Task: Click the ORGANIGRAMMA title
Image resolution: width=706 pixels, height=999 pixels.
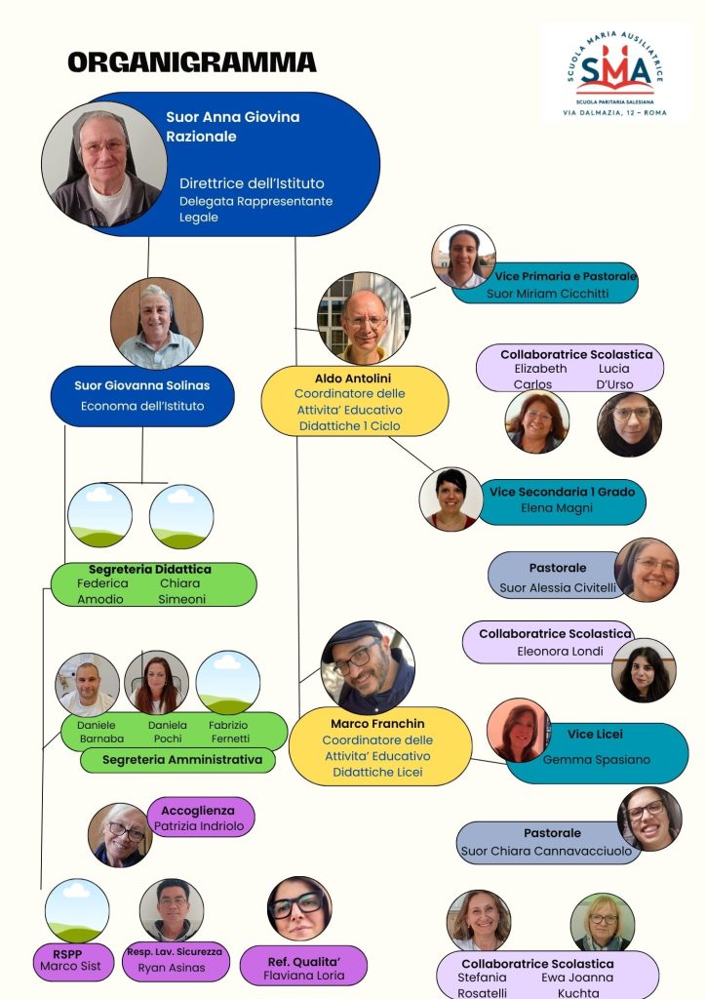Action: tap(192, 63)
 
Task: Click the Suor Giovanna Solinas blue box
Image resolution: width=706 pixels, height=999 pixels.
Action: tap(142, 395)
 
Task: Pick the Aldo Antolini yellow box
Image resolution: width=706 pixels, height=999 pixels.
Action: tap(354, 401)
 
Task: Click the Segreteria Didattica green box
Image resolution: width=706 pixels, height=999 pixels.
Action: tap(153, 583)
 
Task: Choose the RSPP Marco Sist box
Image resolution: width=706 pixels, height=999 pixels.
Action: tap(70, 961)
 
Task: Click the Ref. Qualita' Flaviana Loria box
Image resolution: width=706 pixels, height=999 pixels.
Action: tap(303, 967)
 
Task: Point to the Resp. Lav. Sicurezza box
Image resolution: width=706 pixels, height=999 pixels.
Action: tap(175, 960)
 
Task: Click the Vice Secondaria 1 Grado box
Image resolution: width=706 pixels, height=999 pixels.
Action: tap(562, 500)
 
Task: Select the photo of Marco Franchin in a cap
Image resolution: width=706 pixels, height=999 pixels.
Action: tap(368, 667)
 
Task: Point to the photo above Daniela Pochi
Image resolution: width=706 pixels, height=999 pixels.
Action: tap(157, 682)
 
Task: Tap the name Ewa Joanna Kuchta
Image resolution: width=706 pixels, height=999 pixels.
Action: tap(577, 984)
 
